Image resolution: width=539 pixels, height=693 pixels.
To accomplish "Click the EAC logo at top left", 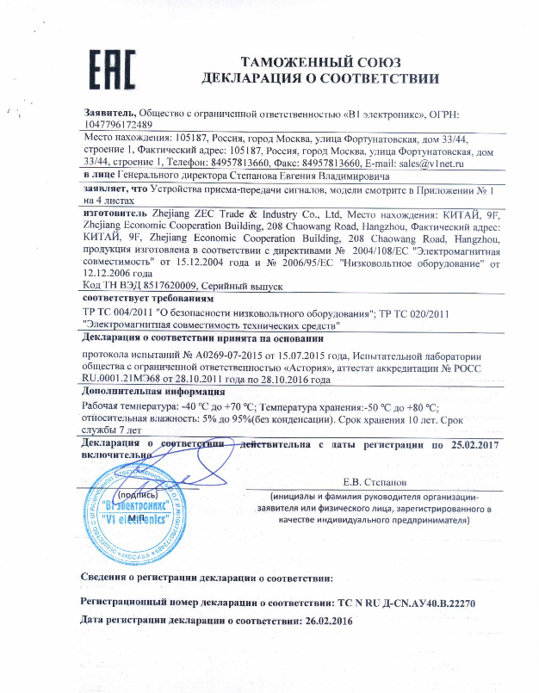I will click(x=109, y=69).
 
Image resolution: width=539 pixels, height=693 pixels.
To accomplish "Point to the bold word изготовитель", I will click(x=120, y=210).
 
